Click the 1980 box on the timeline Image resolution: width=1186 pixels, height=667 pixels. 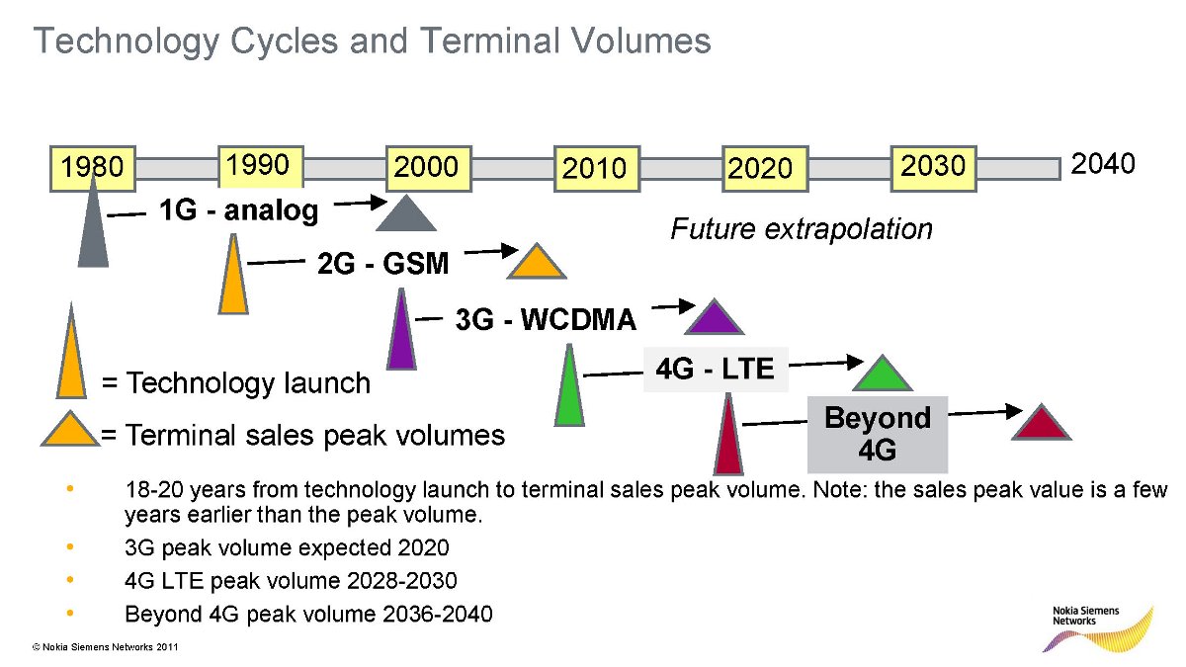93,168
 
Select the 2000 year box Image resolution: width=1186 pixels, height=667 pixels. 428,168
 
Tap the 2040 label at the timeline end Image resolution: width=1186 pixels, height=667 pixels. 1102,164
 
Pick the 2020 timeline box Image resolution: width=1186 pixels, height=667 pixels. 765,168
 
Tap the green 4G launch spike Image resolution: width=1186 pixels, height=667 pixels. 569,385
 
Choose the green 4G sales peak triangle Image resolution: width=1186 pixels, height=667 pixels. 883,374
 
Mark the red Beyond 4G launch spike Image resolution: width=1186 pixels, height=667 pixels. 728,434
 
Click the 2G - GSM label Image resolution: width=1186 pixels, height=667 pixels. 382,263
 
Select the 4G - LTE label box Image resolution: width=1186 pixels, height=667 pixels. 716,370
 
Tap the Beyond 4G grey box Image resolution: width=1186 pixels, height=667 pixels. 878,434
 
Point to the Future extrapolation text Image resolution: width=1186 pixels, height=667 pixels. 802,229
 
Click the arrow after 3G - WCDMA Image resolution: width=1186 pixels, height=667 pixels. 673,306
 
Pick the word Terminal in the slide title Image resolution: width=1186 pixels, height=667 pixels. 490,41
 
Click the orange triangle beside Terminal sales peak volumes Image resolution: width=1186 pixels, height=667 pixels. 70,428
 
